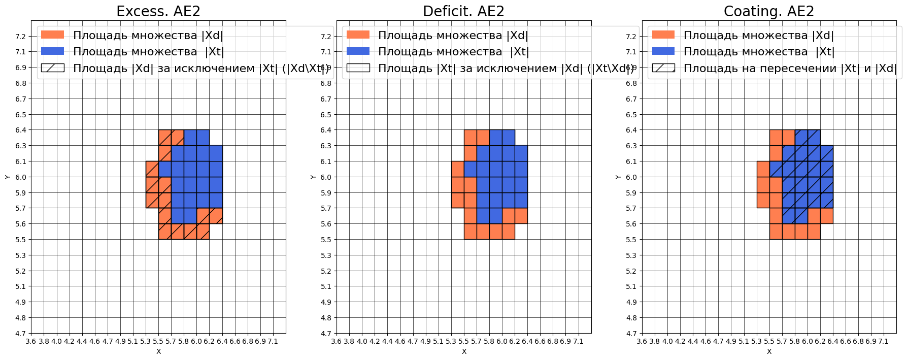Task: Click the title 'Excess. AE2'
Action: point(158,11)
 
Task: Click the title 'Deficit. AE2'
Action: point(463,11)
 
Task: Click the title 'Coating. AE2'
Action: point(768,11)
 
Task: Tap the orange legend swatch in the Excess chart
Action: point(52,35)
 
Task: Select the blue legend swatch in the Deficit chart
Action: point(358,51)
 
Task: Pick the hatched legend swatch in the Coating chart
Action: point(663,68)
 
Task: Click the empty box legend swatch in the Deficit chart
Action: point(358,68)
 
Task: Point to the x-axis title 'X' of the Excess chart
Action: point(158,351)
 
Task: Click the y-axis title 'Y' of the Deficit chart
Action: point(313,177)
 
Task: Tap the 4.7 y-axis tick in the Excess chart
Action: point(21,334)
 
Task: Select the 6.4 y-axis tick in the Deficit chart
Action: point(326,130)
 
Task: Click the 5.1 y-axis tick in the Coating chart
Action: point(631,286)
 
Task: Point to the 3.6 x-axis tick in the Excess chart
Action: point(31,341)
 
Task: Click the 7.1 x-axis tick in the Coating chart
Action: point(884,341)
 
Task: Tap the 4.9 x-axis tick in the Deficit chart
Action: point(425,341)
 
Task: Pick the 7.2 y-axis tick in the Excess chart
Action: point(21,37)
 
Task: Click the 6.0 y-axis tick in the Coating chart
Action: point(631,177)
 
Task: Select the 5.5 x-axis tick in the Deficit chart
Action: point(463,341)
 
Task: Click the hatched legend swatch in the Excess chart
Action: point(52,68)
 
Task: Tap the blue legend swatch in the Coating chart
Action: point(663,51)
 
